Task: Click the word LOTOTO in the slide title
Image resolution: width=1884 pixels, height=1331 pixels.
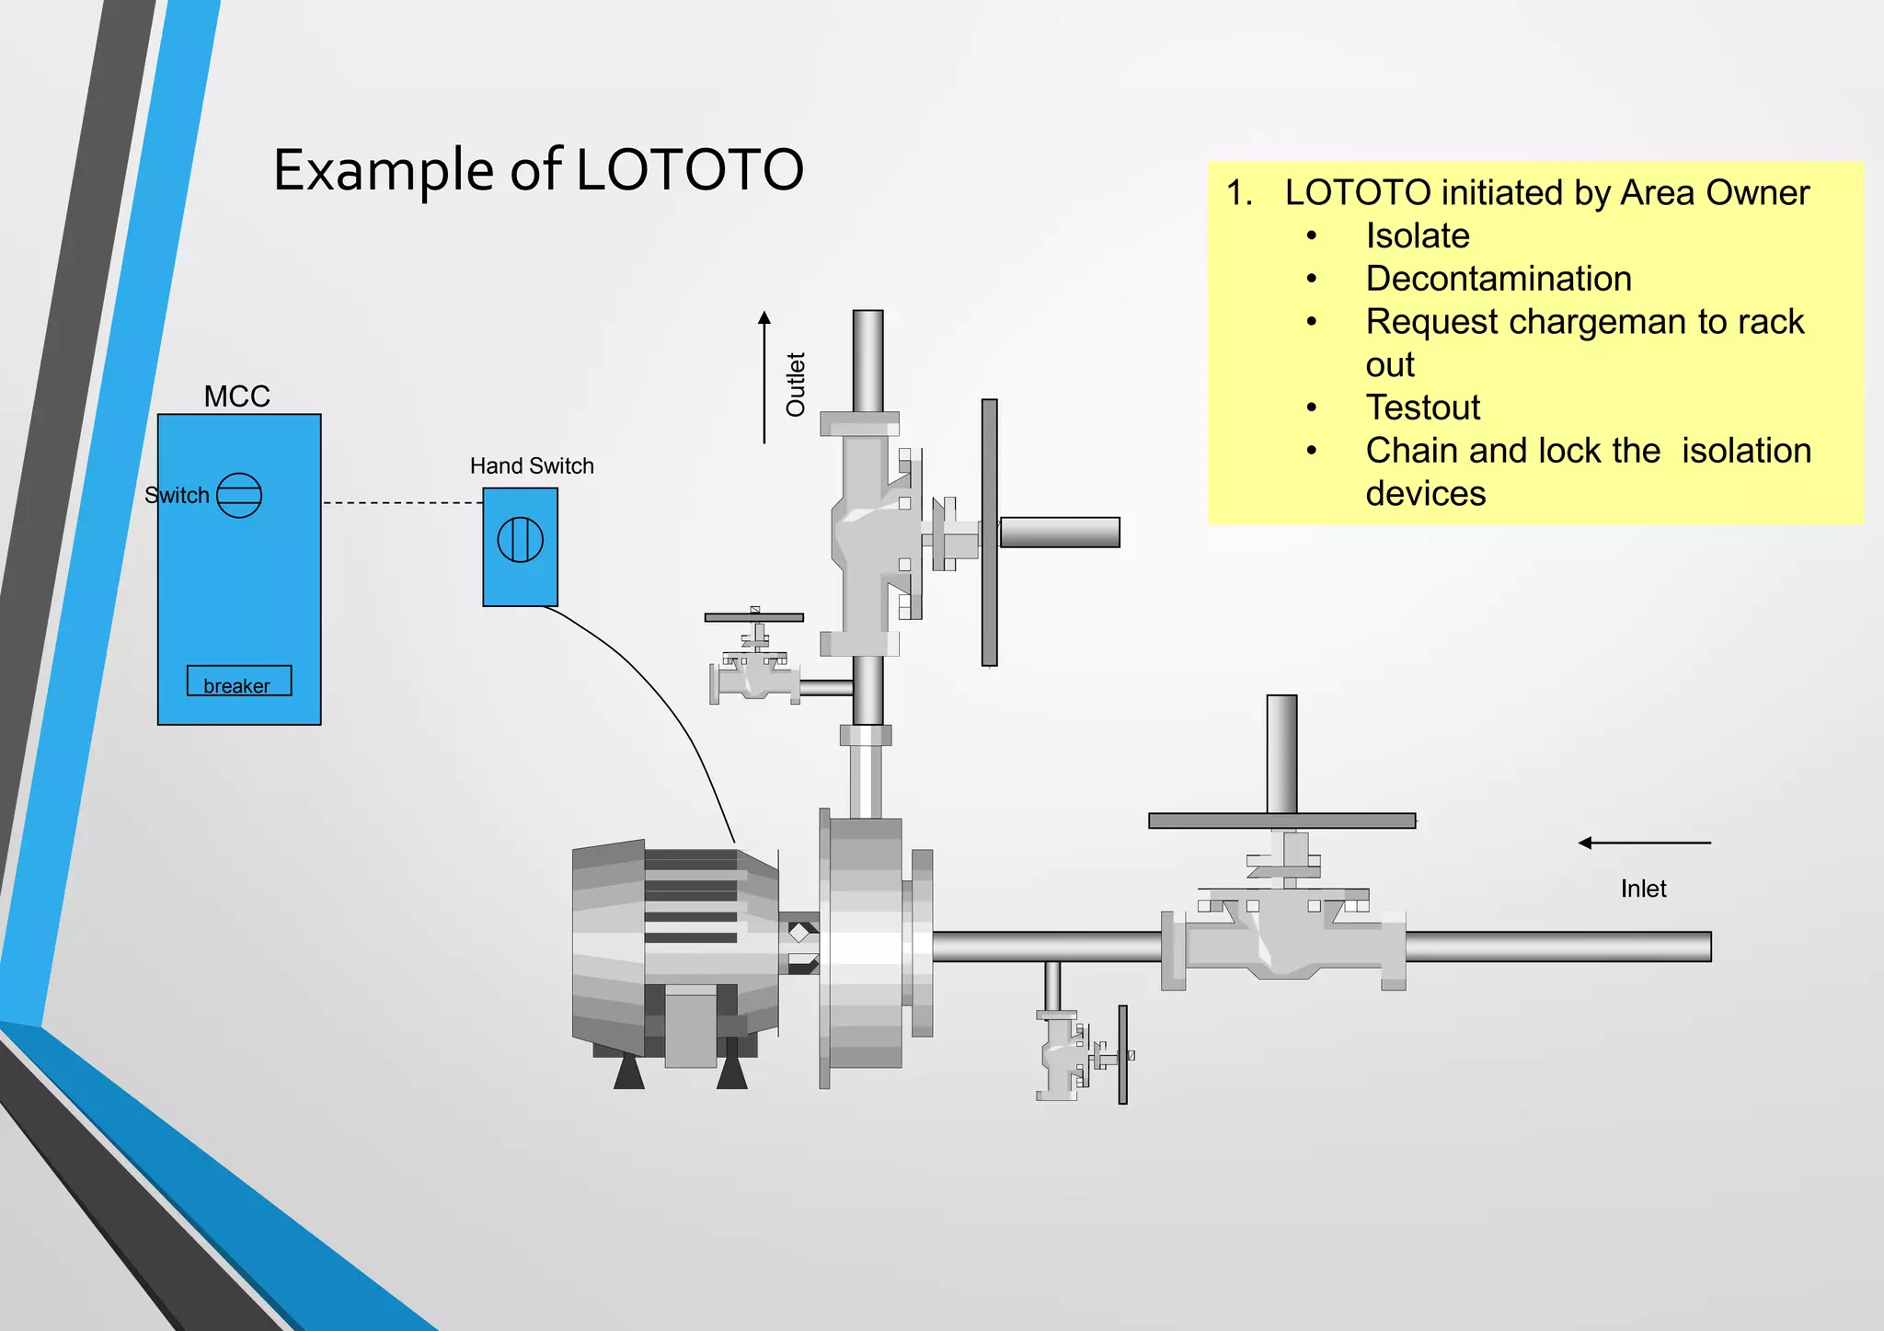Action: pyautogui.click(x=690, y=170)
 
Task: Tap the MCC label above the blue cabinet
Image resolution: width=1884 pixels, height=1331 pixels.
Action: pyautogui.click(x=236, y=396)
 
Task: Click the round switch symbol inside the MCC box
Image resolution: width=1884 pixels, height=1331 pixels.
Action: pyautogui.click(x=239, y=495)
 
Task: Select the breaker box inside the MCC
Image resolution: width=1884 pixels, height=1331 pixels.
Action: pyautogui.click(x=239, y=682)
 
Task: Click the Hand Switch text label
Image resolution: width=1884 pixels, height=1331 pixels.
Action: pyautogui.click(x=532, y=466)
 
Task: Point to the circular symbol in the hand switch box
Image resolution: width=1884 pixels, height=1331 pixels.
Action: pyautogui.click(x=521, y=540)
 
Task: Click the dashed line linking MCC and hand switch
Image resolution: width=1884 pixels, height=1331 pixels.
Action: pyautogui.click(x=402, y=503)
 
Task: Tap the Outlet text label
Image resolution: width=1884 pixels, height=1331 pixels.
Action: pyautogui.click(x=796, y=384)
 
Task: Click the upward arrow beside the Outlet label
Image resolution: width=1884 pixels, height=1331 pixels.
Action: pyautogui.click(x=764, y=377)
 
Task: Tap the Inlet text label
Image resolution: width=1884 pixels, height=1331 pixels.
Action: pyautogui.click(x=1643, y=889)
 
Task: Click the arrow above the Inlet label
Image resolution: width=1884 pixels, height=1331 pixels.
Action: pyautogui.click(x=1644, y=843)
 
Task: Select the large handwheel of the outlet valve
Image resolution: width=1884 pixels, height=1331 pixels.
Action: pyautogui.click(x=990, y=532)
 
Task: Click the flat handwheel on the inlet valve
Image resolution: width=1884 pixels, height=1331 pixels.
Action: pyautogui.click(x=1281, y=820)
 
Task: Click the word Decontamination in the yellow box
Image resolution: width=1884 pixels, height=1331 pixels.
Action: pyautogui.click(x=1499, y=279)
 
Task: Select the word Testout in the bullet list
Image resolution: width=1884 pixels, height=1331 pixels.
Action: pyautogui.click(x=1422, y=407)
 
